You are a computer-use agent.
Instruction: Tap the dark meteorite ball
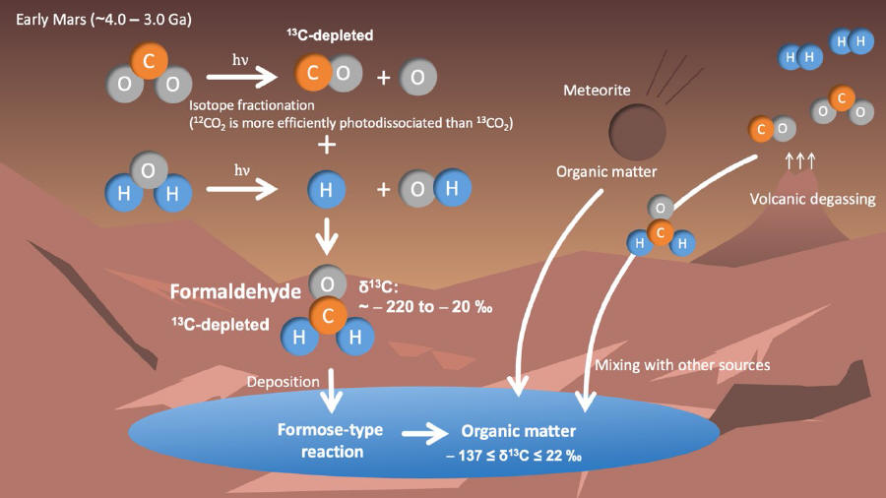click(x=637, y=132)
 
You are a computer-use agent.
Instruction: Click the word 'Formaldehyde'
click(x=235, y=292)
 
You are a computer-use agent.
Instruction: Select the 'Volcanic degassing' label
click(x=812, y=199)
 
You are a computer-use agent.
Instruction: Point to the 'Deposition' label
click(x=284, y=382)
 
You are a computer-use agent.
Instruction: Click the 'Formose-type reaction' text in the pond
click(x=331, y=441)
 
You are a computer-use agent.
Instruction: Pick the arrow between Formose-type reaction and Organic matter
click(x=425, y=434)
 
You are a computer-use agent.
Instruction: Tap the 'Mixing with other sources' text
click(x=682, y=365)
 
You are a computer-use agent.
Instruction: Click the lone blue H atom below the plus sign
click(x=326, y=190)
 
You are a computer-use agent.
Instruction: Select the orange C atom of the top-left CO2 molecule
click(x=150, y=60)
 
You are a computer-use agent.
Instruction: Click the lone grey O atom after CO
click(x=418, y=77)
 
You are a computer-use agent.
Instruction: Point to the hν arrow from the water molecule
click(x=242, y=189)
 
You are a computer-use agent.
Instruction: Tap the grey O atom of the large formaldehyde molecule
click(x=327, y=284)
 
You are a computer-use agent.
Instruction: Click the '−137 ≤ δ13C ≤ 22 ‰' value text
click(x=514, y=455)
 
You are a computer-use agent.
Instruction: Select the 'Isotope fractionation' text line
click(x=251, y=105)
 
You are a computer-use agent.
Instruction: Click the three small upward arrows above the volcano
click(x=800, y=161)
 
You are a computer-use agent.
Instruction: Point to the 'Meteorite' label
click(x=597, y=91)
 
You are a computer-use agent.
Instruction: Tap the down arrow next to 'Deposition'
click(x=331, y=391)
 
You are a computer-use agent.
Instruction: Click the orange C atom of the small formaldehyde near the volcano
click(x=660, y=232)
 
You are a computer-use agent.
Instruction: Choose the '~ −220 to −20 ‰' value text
click(x=425, y=307)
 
